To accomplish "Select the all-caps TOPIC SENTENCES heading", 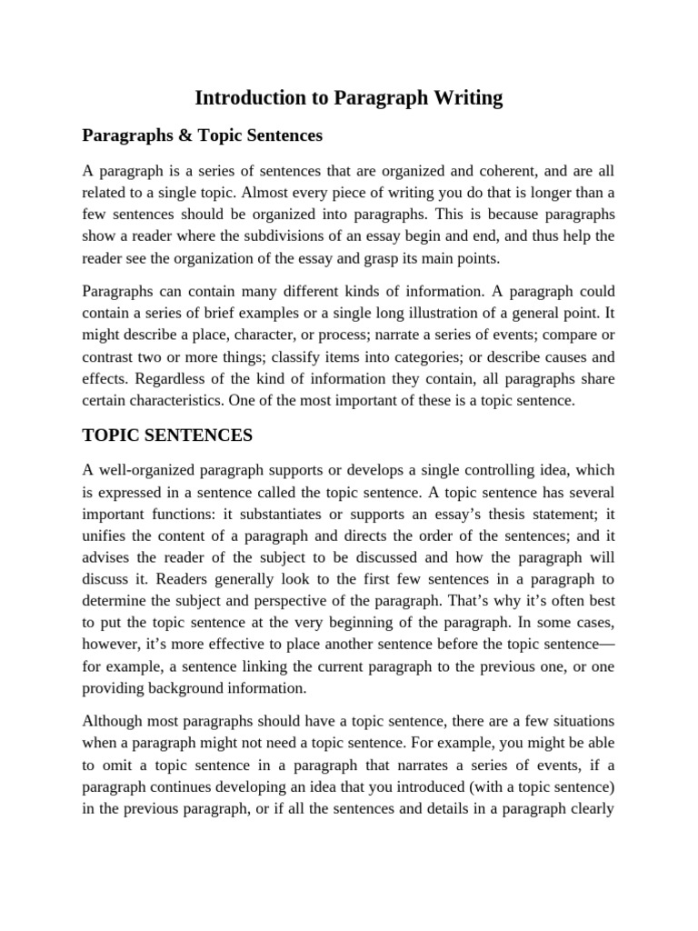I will click(167, 435).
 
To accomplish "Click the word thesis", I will click(488, 514).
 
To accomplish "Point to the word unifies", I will click(105, 536).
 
